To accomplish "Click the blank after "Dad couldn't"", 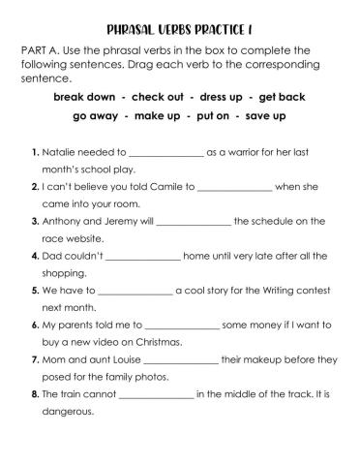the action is click(143, 257).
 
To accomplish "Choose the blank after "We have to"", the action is click(134, 291).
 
